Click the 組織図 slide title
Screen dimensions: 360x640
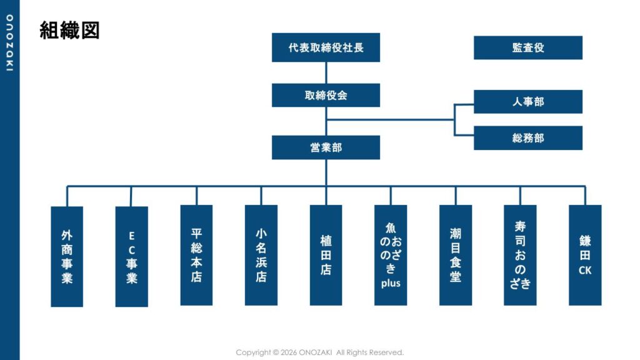(69, 30)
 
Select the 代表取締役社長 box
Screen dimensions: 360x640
(326, 47)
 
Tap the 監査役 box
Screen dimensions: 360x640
(527, 47)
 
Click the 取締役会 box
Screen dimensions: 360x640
(326, 96)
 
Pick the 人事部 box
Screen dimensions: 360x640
(527, 102)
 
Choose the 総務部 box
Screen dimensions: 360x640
(527, 138)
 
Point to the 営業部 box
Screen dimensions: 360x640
(326, 147)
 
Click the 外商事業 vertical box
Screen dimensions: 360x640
(67, 256)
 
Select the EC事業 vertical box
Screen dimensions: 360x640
(132, 256)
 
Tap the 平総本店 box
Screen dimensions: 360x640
(196, 255)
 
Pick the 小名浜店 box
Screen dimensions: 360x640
(261, 255)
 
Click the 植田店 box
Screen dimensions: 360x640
(326, 255)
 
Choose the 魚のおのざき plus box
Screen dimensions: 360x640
(391, 255)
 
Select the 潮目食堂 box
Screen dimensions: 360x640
(456, 255)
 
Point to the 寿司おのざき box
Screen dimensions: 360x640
(520, 255)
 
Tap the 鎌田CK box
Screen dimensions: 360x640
(585, 255)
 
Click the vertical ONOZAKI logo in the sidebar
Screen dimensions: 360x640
(9, 43)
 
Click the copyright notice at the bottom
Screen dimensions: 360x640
(319, 352)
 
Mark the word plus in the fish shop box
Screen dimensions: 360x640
(391, 283)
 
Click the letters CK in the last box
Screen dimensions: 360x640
(585, 271)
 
